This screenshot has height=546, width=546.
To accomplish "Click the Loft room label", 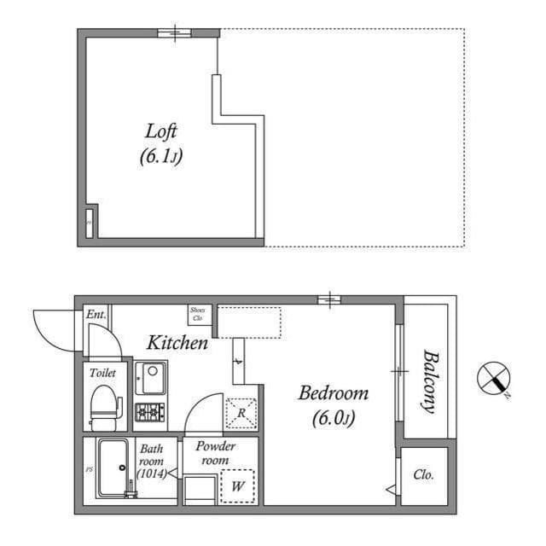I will (161, 132).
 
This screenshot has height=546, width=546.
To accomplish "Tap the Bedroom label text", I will (333, 393).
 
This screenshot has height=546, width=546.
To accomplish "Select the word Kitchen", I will (177, 343).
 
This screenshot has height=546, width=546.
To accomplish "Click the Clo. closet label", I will (422, 474).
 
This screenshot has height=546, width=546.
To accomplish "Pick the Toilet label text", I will (102, 373).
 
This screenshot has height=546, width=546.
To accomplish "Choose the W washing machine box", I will (236, 486).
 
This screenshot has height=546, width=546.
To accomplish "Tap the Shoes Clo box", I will (198, 314).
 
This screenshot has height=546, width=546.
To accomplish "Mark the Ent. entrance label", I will (96, 315).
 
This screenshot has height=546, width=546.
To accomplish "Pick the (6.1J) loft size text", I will (161, 157).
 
